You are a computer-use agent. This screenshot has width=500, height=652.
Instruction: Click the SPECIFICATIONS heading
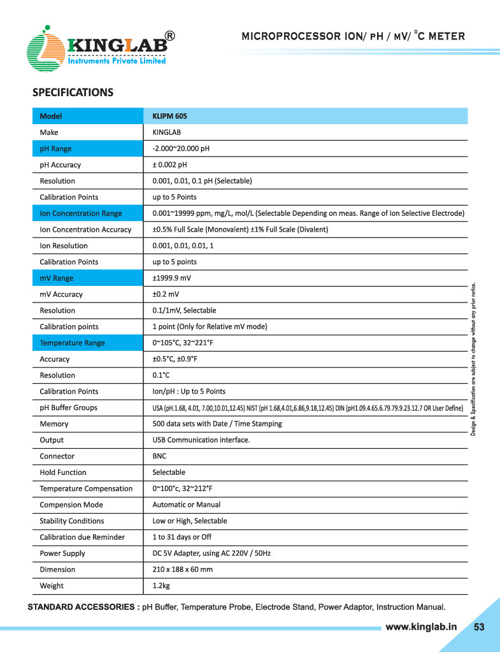coord(73,93)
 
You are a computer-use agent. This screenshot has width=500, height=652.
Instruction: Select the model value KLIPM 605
coord(169,116)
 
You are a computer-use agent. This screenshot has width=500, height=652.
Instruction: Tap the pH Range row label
coord(56,148)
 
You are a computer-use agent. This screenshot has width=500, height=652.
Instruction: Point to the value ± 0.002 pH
coord(174,165)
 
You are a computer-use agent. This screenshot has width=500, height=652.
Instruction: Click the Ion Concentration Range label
coord(81,213)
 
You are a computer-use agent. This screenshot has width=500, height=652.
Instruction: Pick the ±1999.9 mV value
coord(172,278)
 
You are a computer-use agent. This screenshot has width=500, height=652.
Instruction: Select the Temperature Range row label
coord(72,343)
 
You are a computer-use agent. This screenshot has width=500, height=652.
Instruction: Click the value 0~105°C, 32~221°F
coord(183,343)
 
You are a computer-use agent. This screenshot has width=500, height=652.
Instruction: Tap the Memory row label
coord(54,424)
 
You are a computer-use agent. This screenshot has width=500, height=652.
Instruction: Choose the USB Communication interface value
coord(201,440)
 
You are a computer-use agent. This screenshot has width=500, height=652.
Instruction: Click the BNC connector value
coord(160,457)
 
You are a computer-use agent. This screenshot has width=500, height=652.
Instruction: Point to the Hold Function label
coord(63,472)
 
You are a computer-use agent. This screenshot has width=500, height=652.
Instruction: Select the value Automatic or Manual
coord(187,505)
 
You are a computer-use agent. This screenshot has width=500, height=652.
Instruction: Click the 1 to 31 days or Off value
coord(182,537)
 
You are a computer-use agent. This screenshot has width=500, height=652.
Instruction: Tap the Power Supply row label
coord(62,553)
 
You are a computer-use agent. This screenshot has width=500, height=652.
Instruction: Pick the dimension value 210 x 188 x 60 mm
coord(183,570)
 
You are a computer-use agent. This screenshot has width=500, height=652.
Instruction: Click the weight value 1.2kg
coord(161,586)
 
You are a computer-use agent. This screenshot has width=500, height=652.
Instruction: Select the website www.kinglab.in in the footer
coord(422,627)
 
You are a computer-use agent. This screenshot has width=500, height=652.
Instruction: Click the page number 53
coord(479,627)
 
